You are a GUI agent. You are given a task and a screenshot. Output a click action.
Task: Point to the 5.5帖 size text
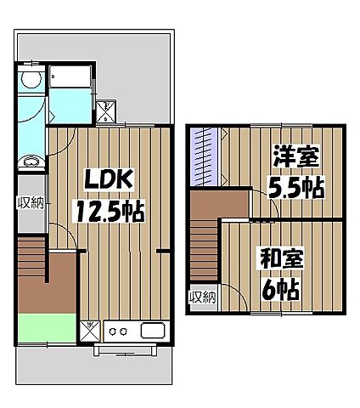point(295,187)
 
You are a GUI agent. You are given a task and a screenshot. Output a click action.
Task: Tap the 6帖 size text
point(279,290)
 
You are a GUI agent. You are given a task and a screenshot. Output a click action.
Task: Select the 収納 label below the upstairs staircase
point(202,297)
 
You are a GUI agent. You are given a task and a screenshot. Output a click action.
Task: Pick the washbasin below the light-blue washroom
point(31,161)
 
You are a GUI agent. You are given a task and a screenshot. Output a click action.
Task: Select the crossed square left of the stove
point(89,329)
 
